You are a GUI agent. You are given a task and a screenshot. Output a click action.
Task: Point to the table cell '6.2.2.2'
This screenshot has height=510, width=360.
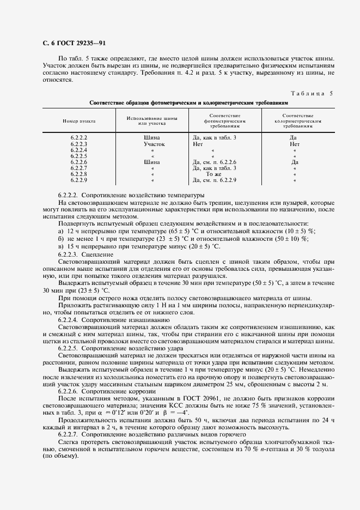[x=79, y=138]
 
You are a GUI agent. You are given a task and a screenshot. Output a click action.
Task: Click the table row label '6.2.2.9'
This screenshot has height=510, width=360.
[x=79, y=180]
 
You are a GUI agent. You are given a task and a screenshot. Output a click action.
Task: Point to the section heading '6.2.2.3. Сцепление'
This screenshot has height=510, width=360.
[x=86, y=254]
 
